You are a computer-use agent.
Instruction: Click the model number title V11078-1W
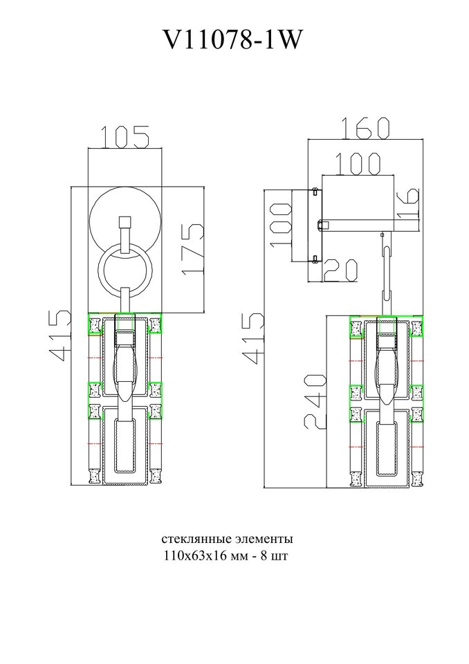233,41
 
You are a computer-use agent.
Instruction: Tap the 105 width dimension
125,137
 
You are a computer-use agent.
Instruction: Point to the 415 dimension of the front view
59,335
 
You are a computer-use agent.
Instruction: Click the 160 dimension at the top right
365,128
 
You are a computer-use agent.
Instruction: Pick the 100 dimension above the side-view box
358,164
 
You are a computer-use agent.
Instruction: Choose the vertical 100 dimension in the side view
281,224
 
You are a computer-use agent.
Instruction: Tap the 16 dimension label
408,203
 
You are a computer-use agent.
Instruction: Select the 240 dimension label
315,401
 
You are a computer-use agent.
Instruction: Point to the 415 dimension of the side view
253,338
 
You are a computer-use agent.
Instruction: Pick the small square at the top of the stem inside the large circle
125,222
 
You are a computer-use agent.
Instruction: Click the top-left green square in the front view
95,324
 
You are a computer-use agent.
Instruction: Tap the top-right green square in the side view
416,327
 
